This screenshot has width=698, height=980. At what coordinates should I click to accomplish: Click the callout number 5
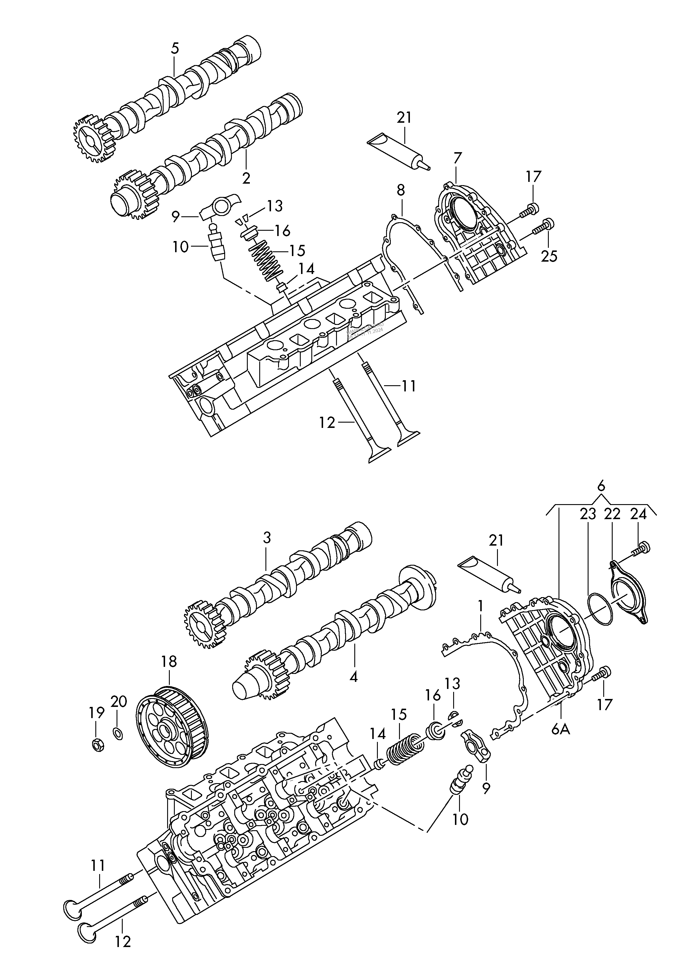tap(174, 49)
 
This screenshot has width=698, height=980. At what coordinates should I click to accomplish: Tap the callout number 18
tap(169, 661)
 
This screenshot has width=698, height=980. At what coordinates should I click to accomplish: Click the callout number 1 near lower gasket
tap(480, 607)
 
